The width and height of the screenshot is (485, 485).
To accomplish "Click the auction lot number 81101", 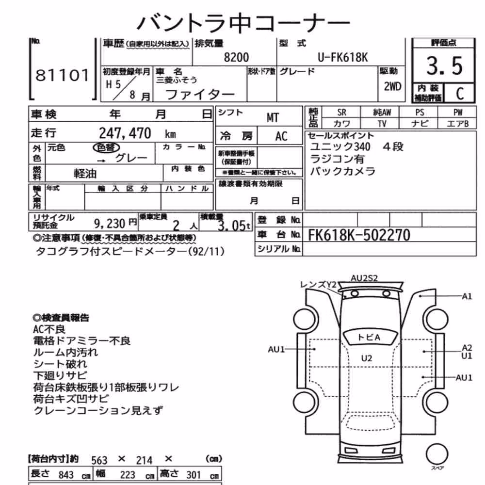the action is tap(62, 75).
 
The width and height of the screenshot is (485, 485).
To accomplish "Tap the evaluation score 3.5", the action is tap(444, 65).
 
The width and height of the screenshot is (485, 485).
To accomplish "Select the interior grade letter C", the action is tap(460, 94).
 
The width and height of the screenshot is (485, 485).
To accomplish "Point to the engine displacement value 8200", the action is tap(236, 58).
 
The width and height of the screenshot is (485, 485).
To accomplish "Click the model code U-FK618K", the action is tap(343, 58).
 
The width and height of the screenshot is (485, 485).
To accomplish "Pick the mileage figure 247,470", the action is tap(125, 133).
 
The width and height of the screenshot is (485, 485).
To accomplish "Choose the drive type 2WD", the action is tap(392, 86).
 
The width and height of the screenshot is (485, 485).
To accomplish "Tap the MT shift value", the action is tap(273, 117).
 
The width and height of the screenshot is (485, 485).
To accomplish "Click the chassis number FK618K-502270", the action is tap(359, 235).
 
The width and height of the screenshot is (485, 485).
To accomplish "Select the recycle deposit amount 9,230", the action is tap(110, 223).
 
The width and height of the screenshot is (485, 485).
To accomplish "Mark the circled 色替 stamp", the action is tap(106, 147).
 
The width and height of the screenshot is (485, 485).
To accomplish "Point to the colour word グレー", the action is tap(131, 158).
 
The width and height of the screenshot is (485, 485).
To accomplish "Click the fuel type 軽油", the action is tap(85, 174).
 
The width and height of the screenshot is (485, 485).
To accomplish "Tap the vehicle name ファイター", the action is tap(200, 95).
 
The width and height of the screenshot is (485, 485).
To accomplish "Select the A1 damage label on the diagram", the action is tap(467, 296).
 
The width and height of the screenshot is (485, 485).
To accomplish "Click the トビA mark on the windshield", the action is tap(369, 337).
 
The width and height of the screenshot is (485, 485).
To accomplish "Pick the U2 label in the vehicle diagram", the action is tap(367, 358).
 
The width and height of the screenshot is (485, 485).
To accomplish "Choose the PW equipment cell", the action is tap(458, 113).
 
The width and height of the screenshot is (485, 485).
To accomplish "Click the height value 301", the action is tap(194, 474).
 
